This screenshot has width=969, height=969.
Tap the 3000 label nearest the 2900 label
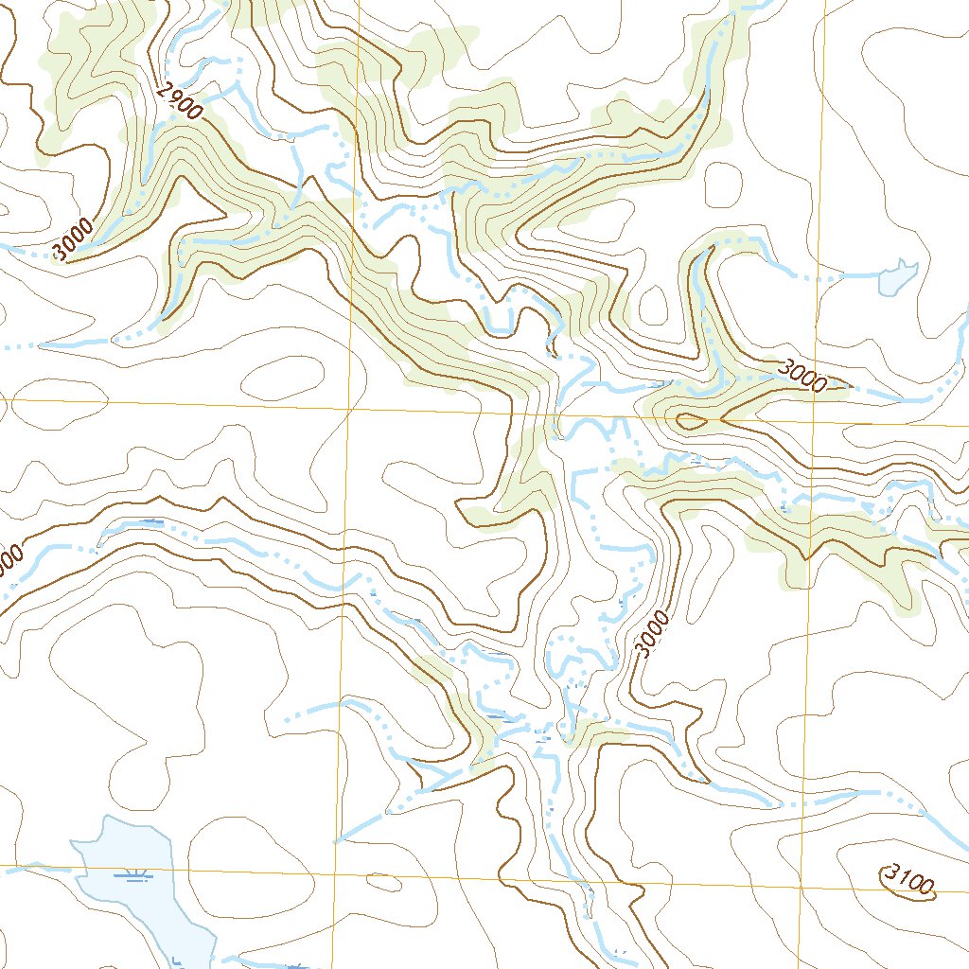click(74, 239)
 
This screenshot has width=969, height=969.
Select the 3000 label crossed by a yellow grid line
click(804, 376)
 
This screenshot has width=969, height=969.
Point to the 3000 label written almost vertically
click(652, 634)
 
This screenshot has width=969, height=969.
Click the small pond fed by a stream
click(896, 277)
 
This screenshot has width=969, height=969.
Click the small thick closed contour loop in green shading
click(688, 420)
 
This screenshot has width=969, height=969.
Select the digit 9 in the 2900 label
click(176, 99)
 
